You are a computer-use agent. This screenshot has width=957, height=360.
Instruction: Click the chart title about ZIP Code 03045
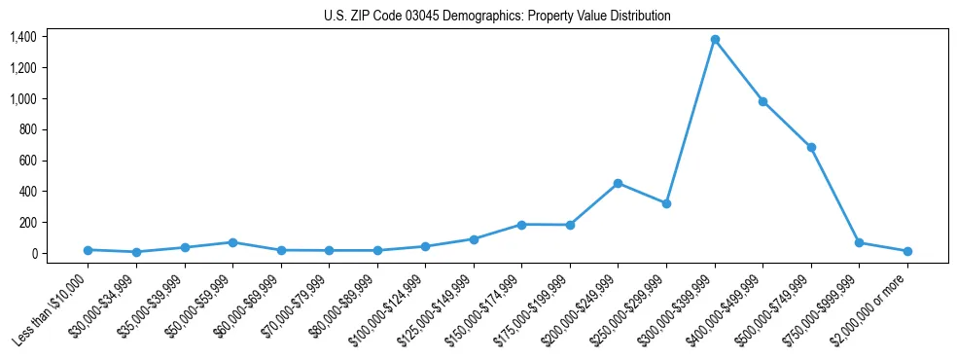click(x=497, y=17)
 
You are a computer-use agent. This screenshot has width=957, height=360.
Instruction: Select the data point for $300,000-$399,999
click(x=715, y=40)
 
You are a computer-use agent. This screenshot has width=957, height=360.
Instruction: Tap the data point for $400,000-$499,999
click(x=763, y=101)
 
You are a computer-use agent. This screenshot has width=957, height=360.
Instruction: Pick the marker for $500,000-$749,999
click(x=811, y=147)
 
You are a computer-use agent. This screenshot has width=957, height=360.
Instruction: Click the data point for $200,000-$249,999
click(x=619, y=183)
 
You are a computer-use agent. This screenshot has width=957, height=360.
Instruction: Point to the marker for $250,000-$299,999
click(x=666, y=203)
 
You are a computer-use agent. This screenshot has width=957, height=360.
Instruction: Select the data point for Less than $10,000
click(x=88, y=250)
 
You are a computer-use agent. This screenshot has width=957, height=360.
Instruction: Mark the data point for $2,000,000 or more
click(x=907, y=251)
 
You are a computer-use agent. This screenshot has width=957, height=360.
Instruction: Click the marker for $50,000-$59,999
click(x=232, y=242)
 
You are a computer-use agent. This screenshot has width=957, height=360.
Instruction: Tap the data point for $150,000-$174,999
click(x=522, y=225)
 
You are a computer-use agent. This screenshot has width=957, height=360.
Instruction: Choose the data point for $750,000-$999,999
click(x=859, y=242)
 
